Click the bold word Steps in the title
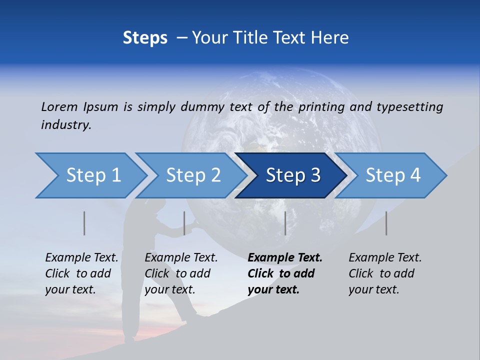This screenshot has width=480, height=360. [145, 38]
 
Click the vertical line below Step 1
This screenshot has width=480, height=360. [84, 223]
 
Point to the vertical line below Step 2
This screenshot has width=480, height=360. [184, 223]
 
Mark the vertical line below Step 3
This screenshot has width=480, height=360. [285, 223]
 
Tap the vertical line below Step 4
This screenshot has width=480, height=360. [386, 223]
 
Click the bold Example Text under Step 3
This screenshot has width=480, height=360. [285, 257]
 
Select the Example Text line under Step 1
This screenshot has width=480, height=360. [81, 257]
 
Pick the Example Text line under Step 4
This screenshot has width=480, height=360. [385, 257]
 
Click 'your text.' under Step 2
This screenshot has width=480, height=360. [170, 289]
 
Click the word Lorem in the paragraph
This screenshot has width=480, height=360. [59, 106]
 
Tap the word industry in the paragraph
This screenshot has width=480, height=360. [66, 125]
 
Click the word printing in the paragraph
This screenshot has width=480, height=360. [322, 107]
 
